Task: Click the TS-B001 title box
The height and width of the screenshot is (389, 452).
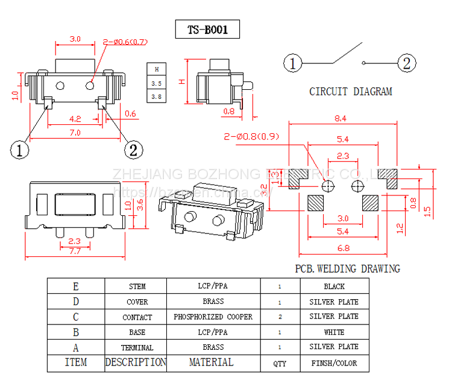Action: [x=207, y=30]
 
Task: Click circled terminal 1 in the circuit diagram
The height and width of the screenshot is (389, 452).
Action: [x=293, y=63]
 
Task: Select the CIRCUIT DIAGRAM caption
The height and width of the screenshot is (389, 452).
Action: [x=350, y=92]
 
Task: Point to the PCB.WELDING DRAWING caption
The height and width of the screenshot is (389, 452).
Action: [x=347, y=269]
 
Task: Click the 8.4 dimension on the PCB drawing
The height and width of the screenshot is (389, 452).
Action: [x=341, y=119]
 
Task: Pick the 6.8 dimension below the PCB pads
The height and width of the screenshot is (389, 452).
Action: [x=342, y=247]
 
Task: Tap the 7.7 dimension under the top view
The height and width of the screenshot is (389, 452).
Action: [x=75, y=251]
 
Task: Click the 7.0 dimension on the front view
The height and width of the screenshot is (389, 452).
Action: [x=75, y=133]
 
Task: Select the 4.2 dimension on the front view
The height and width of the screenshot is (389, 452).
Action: [x=76, y=118]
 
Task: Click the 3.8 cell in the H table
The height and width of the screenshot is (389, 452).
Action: [x=157, y=96]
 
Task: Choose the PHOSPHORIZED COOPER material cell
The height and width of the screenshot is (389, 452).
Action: [x=213, y=317]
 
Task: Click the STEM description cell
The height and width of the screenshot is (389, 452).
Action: [x=137, y=286]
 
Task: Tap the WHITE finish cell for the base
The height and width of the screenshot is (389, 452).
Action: [x=334, y=332]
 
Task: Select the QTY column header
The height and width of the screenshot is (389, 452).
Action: [x=280, y=364]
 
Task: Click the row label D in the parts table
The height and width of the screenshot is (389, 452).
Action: [x=76, y=302]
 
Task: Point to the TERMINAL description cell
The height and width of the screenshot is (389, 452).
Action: [x=137, y=348]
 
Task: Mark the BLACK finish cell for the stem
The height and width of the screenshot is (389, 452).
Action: [x=334, y=286]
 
